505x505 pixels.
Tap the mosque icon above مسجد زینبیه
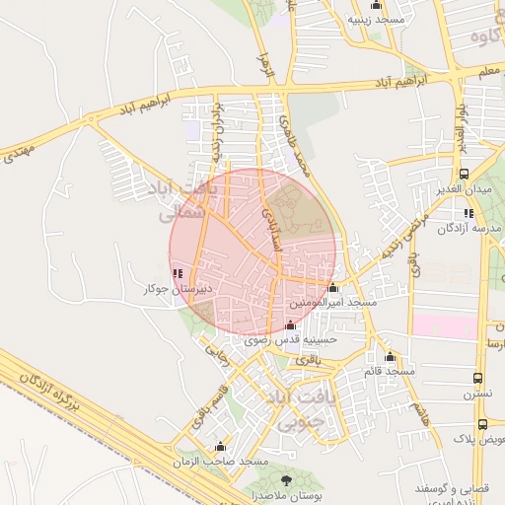click(375, 6)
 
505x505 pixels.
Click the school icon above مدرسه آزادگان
click(469, 213)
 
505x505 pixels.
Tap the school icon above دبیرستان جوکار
click(177, 274)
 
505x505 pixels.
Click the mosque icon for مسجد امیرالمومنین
click(332, 288)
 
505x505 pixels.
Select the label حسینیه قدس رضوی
click(296, 338)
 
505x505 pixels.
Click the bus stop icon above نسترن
click(477, 378)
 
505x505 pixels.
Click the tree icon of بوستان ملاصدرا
click(286, 480)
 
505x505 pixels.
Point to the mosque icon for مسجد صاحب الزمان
click(220, 447)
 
